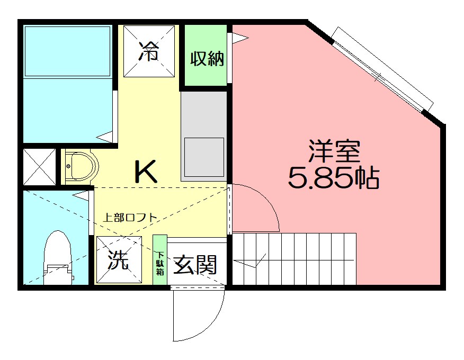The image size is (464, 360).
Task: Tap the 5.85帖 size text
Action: [334, 179]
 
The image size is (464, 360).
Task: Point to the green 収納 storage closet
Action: [207, 58]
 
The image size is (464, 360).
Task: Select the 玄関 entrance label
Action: [195, 264]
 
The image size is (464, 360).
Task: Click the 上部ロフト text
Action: [129, 217]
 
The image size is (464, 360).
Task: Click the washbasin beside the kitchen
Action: [80, 166]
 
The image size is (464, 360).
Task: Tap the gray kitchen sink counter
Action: [204, 135]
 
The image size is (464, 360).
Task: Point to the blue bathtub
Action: [68, 51]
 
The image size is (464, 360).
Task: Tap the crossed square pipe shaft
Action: [39, 167]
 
